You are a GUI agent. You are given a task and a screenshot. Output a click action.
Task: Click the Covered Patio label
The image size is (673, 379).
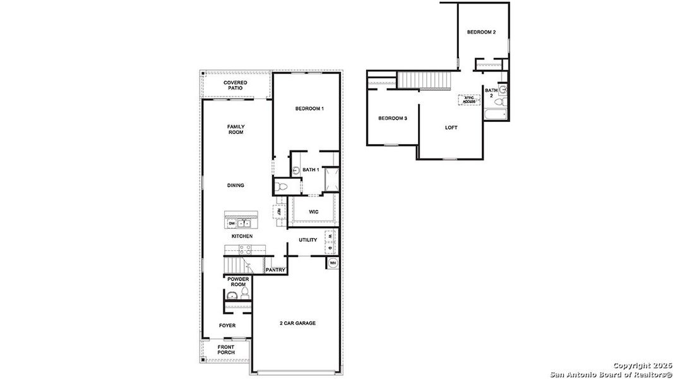point(235,85)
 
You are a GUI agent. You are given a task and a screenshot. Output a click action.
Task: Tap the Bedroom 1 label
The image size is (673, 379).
point(309,109)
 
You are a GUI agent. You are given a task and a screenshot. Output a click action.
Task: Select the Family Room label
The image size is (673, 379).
point(235,129)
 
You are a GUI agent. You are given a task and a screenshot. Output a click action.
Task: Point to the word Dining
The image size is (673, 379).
point(235,185)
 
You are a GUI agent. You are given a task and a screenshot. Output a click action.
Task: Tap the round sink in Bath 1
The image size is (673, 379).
point(295,169)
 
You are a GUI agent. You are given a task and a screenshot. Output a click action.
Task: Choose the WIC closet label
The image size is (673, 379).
point(313,212)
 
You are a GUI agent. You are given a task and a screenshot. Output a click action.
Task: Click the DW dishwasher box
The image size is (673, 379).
point(232,224)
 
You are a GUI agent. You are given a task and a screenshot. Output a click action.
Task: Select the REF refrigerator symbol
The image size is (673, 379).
point(278,212)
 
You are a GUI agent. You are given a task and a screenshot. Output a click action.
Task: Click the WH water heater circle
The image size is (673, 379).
point(333,263)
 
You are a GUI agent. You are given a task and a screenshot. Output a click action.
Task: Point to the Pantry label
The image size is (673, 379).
point(275,270)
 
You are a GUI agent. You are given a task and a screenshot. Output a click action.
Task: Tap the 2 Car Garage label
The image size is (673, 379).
point(297,323)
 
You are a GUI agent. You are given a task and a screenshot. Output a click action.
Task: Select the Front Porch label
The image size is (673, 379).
point(226,349)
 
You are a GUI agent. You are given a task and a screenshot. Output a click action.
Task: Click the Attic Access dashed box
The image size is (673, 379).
point(468,100)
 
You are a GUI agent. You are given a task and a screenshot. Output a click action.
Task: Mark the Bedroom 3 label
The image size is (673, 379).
point(393,119)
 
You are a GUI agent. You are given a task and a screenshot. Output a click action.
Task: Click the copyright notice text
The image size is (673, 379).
point(610,370)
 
